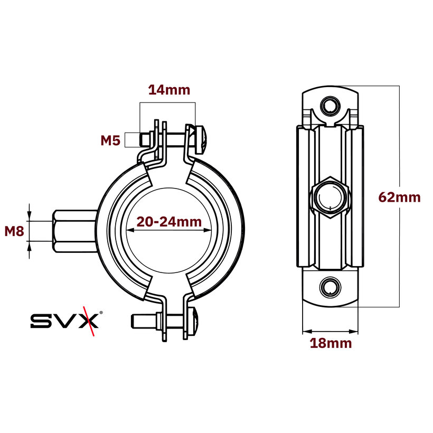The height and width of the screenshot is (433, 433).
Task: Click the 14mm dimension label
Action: click(x=169, y=90)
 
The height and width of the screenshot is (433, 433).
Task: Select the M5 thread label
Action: click(x=111, y=140)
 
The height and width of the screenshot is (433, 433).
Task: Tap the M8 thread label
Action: click(x=15, y=231)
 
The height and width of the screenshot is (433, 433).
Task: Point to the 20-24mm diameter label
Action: click(x=169, y=222)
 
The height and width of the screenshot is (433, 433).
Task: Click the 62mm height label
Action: click(x=400, y=197)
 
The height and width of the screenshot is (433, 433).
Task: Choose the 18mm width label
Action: click(x=331, y=343)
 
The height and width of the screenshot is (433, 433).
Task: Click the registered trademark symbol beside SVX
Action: click(x=101, y=313)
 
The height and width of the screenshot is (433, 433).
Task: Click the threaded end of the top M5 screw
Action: click(x=144, y=140)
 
